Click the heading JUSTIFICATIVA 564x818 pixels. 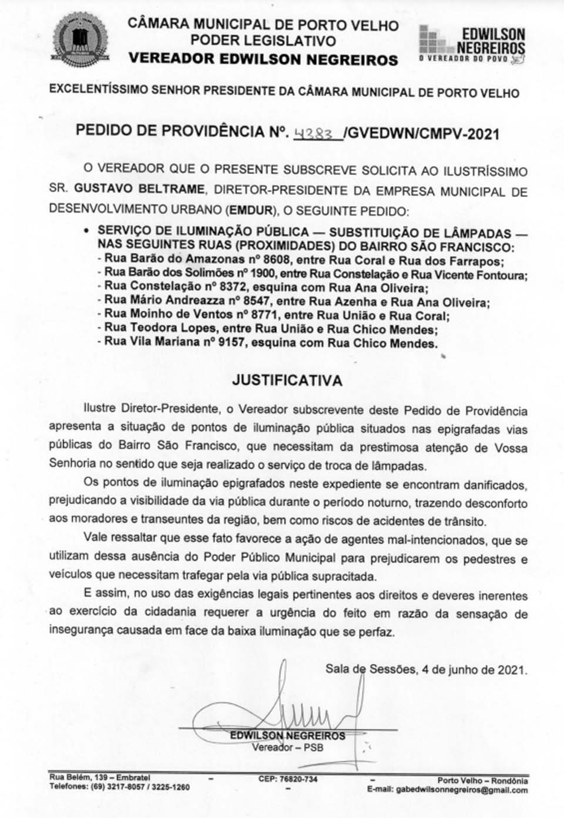coord(287,380)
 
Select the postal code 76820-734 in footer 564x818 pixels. coord(287,779)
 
